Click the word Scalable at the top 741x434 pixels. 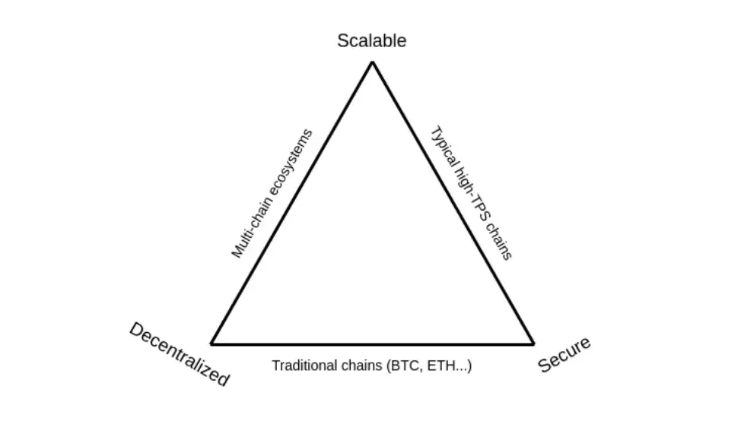371,41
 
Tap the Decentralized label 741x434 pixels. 179,354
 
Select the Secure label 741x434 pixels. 564,355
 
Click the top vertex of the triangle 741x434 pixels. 372,62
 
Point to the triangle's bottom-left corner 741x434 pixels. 211,344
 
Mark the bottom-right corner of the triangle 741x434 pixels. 533,344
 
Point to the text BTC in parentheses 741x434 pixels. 402,366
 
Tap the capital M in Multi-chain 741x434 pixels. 237,252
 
